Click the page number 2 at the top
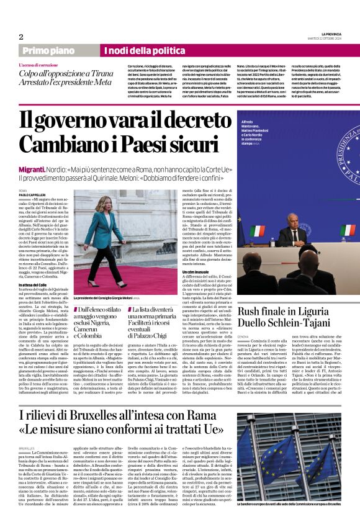(21, 37)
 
